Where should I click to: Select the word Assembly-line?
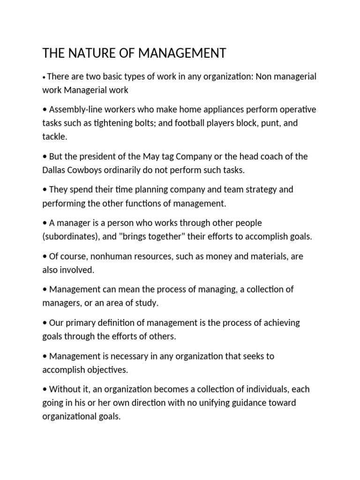click(74, 110)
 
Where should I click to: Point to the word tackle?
click(54, 136)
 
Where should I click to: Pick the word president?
click(99, 157)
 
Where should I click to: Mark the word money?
click(230, 256)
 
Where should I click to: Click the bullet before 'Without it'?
click(45, 390)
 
